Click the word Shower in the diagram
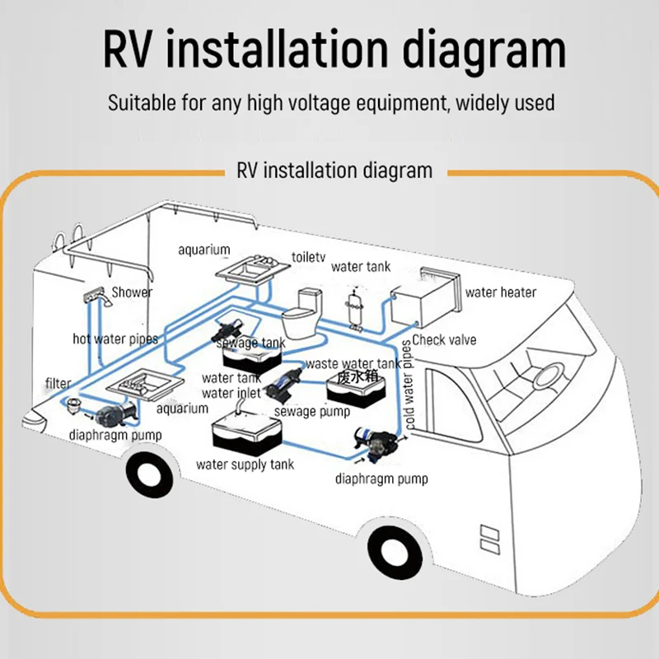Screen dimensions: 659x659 [x=133, y=292]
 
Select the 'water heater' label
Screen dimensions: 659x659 [x=501, y=292]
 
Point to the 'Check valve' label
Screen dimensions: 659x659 [x=444, y=339]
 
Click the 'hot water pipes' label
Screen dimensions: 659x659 [x=115, y=339]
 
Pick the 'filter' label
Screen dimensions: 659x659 [x=58, y=383]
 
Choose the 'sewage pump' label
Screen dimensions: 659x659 [x=312, y=411]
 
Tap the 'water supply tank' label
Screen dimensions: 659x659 [x=245, y=465]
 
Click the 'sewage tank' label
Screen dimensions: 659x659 [x=261, y=344]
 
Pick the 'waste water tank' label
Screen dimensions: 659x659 [x=353, y=363]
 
